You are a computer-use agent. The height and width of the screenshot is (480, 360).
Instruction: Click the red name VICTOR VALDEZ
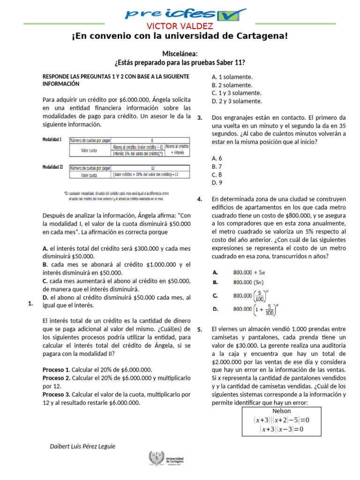pos(180,26)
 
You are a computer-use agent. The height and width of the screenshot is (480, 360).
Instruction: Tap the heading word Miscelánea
pos(180,54)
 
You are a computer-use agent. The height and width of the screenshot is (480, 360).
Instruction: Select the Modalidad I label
pos(52,140)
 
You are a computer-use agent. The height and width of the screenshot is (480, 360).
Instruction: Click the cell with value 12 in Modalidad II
pos(152,168)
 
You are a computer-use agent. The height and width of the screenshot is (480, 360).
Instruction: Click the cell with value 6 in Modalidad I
pos(152,140)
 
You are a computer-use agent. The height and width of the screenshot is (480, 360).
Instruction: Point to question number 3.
pos(200,117)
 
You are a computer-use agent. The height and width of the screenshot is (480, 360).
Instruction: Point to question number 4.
pos(200,199)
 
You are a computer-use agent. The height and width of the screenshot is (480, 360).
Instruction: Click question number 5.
pos(200,330)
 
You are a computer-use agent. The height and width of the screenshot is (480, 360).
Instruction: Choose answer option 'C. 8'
pos(217,175)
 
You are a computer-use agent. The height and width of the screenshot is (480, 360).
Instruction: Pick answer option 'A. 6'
pos(217,158)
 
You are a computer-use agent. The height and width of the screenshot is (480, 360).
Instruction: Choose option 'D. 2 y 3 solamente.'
pos(237,101)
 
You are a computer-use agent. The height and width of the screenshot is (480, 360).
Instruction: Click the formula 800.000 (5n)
pos(249,283)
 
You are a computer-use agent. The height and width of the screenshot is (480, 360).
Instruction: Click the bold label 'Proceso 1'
pos(56,369)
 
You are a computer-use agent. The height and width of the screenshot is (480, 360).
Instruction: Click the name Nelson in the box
pos(281,411)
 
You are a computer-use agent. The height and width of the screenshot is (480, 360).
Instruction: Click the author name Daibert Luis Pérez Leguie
pos(82,446)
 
